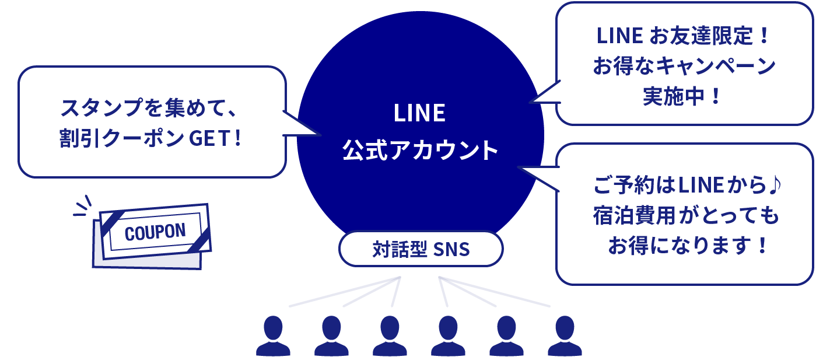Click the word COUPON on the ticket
[x=155, y=232]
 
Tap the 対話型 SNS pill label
[x=421, y=250]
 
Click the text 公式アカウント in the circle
[x=420, y=150]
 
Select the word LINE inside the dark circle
[x=420, y=113]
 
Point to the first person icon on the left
[x=273, y=337]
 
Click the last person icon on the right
[x=565, y=337]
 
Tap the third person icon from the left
[x=390, y=337]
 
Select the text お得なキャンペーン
[x=684, y=66]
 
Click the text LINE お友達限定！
[x=684, y=36]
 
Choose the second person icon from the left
[x=331, y=337]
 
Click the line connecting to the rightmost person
[x=496, y=292]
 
